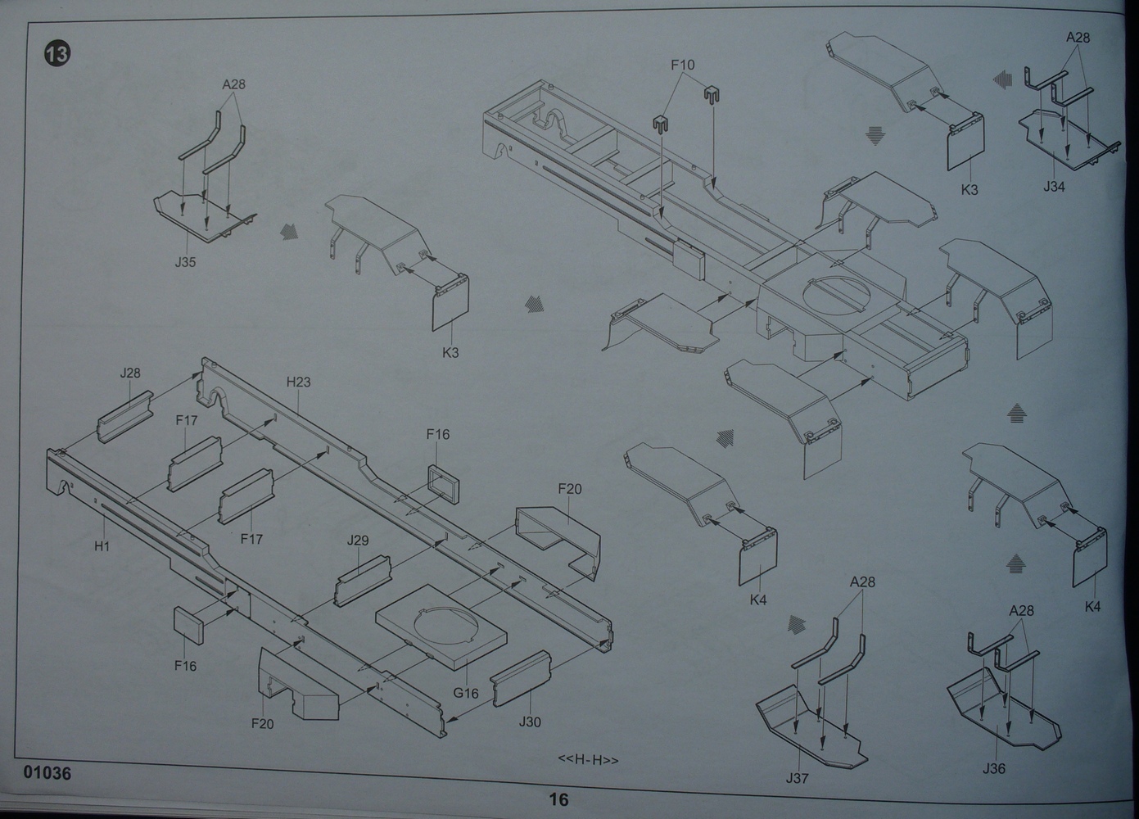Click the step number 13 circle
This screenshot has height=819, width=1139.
tap(56, 55)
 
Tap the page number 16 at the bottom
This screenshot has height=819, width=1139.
tap(558, 800)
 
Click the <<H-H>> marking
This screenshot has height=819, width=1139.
tap(588, 760)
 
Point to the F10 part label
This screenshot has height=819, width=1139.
tap(682, 65)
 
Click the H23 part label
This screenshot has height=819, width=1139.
tap(298, 382)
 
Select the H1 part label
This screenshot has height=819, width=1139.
tap(102, 545)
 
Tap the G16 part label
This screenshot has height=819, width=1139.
tap(465, 693)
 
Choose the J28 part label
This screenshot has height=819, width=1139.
tap(130, 373)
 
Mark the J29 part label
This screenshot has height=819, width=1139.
tap(358, 541)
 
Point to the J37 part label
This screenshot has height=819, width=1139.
tap(797, 778)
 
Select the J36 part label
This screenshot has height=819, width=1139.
tap(993, 768)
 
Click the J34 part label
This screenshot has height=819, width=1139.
tap(1054, 187)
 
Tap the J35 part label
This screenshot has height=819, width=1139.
tap(185, 262)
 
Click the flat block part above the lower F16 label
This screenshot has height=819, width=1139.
tap(188, 627)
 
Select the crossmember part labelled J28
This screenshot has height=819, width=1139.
tap(125, 414)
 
